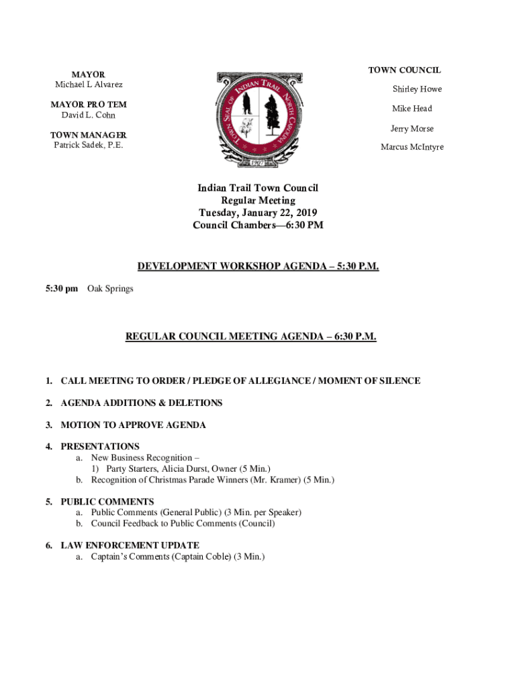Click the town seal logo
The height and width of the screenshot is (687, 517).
(x=258, y=119)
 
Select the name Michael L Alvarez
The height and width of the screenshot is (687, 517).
(x=88, y=85)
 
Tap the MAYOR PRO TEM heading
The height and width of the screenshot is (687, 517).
(x=88, y=105)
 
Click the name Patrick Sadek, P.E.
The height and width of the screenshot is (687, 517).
(x=88, y=145)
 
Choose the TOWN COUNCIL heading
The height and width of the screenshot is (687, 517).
(x=404, y=70)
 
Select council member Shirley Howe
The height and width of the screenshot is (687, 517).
(x=417, y=89)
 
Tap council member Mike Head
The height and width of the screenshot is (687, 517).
(x=412, y=109)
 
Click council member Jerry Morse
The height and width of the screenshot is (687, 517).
(x=412, y=128)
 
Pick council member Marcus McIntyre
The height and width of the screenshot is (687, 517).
(x=412, y=148)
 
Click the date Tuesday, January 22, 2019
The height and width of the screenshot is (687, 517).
(x=258, y=213)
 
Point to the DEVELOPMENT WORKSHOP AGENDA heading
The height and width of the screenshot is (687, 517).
(x=258, y=267)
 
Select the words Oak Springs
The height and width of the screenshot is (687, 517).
(x=110, y=289)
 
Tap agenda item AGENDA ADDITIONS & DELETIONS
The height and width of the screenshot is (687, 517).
(x=141, y=403)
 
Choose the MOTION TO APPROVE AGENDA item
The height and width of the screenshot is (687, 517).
(x=133, y=425)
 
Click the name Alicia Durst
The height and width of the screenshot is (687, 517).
(x=185, y=469)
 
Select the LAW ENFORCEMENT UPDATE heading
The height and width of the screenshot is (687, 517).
(x=130, y=546)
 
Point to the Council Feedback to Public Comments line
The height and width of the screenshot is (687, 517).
(x=183, y=524)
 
